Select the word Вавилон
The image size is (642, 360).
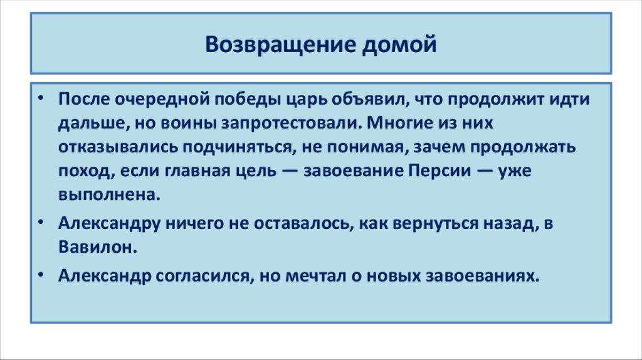click(97, 246)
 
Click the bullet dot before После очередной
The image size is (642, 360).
click(41, 100)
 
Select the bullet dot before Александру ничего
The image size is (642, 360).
click(41, 223)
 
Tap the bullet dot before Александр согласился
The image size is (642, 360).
click(41, 277)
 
